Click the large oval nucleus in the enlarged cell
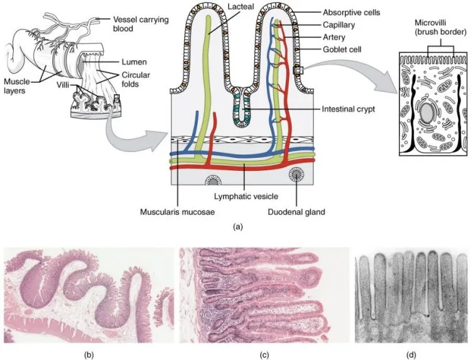click(x=427, y=113)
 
